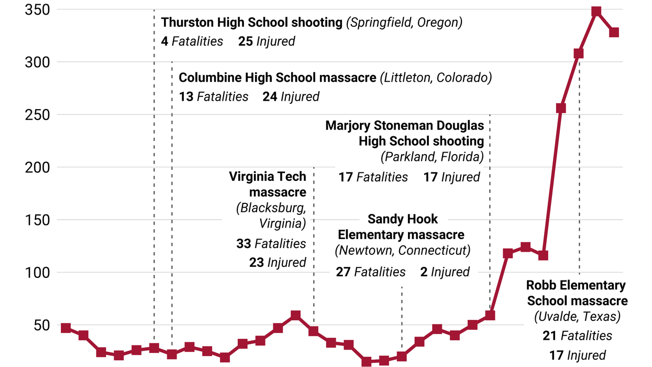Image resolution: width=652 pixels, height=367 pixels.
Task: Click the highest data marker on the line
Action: [x=596, y=12]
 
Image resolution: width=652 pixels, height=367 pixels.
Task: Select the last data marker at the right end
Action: [x=614, y=33]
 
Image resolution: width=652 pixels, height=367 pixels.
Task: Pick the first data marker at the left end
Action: [x=65, y=328]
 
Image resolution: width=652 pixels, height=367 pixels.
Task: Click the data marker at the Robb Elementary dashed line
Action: [x=579, y=53]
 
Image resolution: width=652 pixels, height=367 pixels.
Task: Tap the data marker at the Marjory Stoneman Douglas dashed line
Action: [x=490, y=315]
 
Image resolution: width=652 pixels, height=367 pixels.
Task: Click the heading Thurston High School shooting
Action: [x=251, y=23]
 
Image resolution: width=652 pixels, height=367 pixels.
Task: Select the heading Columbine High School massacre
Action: [x=278, y=78]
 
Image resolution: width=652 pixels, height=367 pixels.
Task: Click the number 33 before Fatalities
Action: [x=244, y=244]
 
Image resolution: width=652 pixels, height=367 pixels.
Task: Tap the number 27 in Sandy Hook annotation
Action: [x=343, y=272]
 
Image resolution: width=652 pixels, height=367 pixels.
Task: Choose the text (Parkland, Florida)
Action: [x=432, y=157]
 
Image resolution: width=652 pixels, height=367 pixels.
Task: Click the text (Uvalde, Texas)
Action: [x=577, y=317]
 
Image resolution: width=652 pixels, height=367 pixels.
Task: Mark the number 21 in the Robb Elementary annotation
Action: [x=549, y=336]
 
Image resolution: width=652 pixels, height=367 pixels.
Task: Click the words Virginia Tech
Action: [x=267, y=177]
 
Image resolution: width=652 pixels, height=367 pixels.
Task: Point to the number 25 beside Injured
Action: [x=246, y=41]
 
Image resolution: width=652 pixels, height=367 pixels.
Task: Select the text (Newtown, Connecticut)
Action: [x=402, y=251]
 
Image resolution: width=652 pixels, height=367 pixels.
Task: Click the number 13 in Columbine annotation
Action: [x=186, y=96]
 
